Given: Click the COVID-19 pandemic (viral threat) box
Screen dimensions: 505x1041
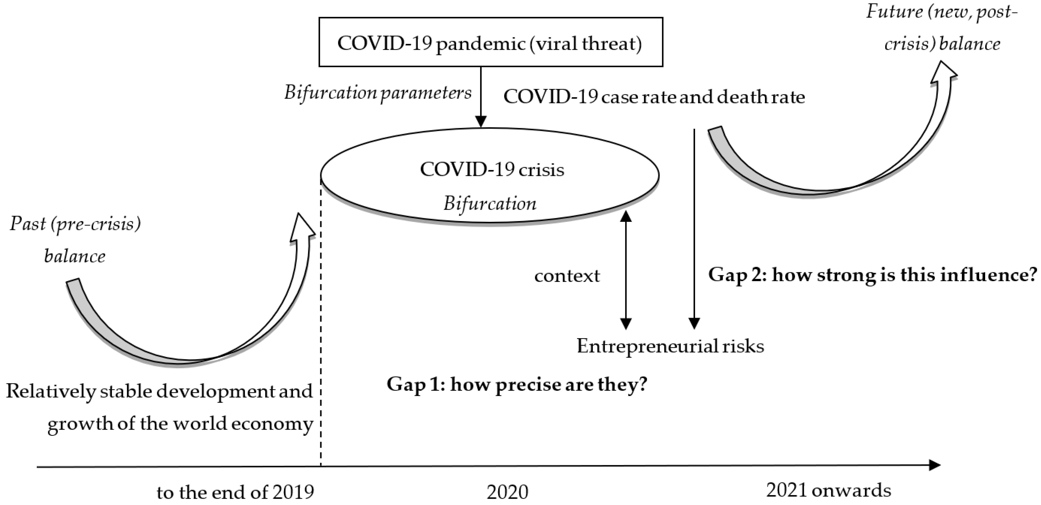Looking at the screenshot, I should point(490,42).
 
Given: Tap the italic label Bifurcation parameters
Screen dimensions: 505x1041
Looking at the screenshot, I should point(377,93).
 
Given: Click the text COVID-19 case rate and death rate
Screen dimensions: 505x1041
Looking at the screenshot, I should point(654,97).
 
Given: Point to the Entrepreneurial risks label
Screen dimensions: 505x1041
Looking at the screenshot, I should point(670,346).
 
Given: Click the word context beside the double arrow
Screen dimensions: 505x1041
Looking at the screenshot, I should point(567,276).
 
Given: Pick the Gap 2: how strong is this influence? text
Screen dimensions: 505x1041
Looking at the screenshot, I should point(872,275).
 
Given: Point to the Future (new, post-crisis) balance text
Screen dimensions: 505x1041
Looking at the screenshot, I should point(942,27).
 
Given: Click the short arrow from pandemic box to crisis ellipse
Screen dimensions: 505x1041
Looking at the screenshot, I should point(480,97).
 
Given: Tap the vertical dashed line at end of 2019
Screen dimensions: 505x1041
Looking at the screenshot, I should point(321,323).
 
